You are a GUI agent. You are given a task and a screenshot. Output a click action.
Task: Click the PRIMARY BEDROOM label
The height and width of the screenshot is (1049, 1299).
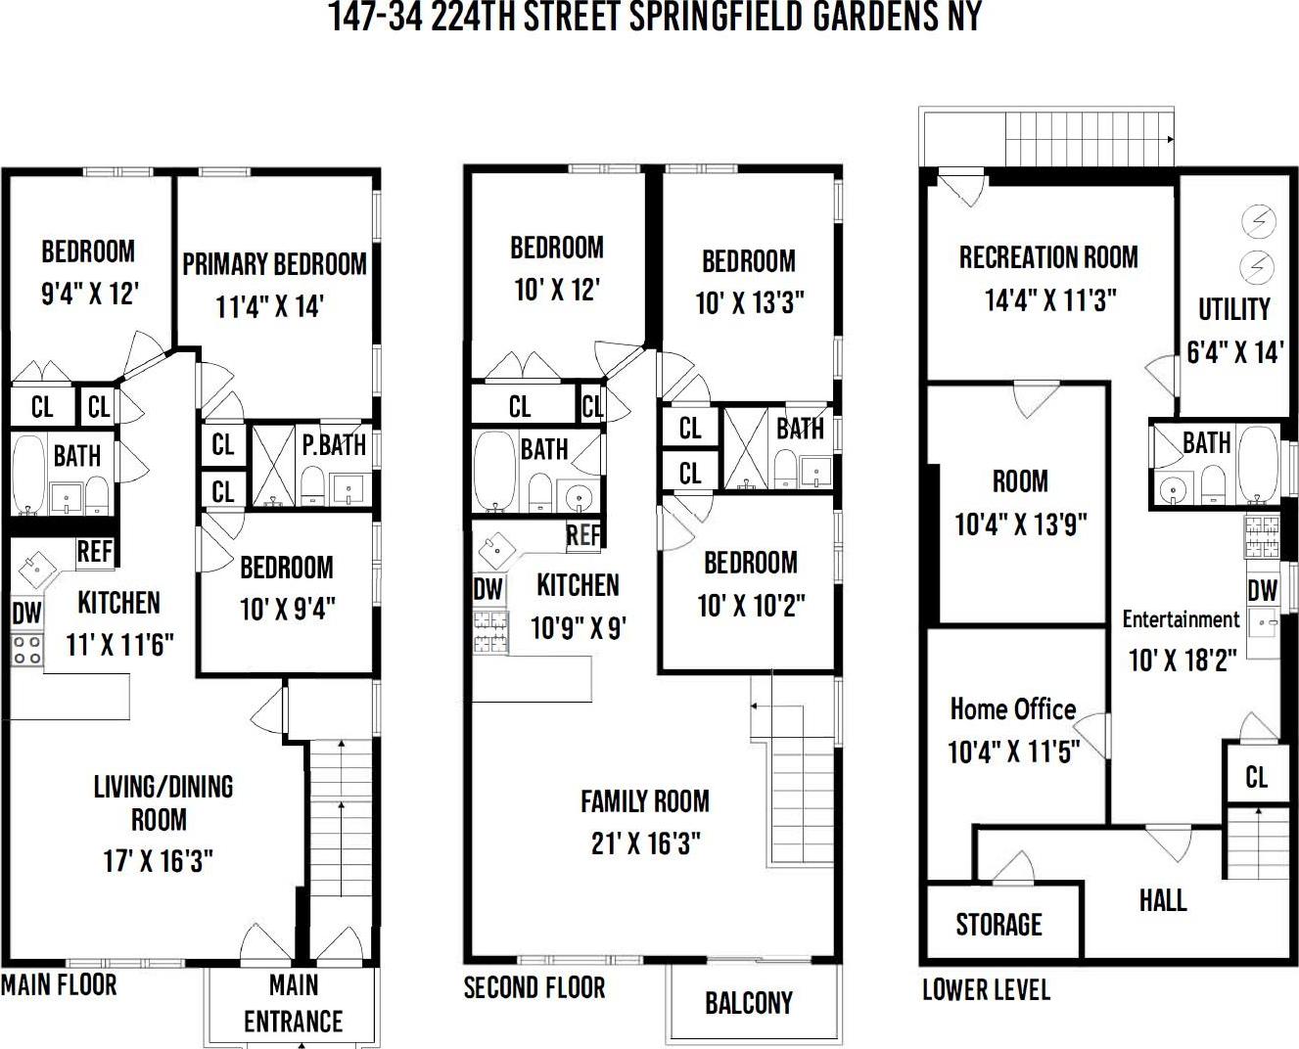point(274,264)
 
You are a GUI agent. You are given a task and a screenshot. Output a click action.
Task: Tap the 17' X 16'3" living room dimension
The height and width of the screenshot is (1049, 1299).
point(158,861)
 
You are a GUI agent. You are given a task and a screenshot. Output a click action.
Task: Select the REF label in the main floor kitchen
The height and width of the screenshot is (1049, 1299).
point(95,552)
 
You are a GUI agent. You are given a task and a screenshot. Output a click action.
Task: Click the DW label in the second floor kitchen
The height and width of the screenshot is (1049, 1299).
point(487,589)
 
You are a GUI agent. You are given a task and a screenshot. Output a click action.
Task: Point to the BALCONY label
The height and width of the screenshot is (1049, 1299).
point(749,1003)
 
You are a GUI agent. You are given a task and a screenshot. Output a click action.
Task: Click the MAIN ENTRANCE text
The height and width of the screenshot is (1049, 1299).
point(293,1003)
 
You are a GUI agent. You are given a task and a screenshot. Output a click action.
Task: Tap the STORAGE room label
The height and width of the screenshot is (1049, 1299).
point(998,925)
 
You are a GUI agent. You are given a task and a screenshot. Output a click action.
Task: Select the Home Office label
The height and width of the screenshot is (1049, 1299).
point(1012,709)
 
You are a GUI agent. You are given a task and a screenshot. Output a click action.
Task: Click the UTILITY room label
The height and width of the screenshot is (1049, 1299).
point(1233,309)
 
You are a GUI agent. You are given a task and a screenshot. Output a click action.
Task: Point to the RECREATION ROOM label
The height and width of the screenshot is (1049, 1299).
point(1048,257)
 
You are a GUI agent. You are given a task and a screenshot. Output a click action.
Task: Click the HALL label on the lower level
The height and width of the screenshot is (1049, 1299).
point(1163,900)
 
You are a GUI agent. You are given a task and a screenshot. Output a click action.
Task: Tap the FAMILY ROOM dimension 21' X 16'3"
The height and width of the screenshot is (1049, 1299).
point(645,844)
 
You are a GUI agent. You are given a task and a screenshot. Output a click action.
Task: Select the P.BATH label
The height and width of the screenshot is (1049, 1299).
point(334,445)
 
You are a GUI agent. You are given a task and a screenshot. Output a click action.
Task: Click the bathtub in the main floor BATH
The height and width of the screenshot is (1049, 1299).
point(28,475)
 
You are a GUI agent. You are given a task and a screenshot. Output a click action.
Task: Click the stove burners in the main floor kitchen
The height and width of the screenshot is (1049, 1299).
point(26,650)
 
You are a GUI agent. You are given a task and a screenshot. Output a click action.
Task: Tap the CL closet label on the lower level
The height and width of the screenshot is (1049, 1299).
point(1256,778)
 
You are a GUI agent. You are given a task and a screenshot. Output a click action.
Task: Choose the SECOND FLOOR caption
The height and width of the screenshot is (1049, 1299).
point(534,987)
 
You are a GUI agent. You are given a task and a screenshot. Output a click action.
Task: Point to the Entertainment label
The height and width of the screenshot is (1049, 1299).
point(1181,619)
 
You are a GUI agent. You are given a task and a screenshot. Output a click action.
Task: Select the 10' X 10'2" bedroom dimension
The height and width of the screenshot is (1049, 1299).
point(751,607)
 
